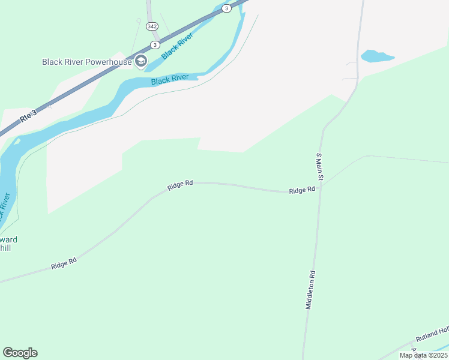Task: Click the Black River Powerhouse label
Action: coord(86,62)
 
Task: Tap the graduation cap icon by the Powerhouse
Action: coord(141,61)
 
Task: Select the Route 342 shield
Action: coord(151,27)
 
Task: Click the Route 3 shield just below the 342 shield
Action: coord(155,44)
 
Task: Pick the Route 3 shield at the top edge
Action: coord(226,8)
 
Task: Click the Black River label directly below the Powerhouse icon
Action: coord(170,79)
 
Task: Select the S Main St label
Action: coord(320,167)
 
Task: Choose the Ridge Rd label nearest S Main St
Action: coord(302,190)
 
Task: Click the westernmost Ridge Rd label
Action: coord(64,263)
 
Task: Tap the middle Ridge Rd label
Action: coord(180,185)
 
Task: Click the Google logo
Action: coord(20,353)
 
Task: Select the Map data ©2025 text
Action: coord(423,355)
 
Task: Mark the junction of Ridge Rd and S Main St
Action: coord(320,187)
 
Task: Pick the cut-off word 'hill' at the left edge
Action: coord(5,247)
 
